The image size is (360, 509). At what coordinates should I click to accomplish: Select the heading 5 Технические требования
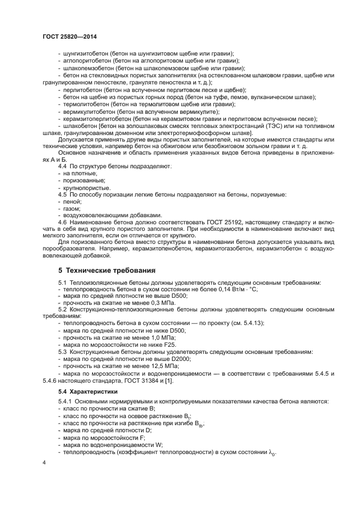point(107,270)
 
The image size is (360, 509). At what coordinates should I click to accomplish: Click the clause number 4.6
point(63,223)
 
